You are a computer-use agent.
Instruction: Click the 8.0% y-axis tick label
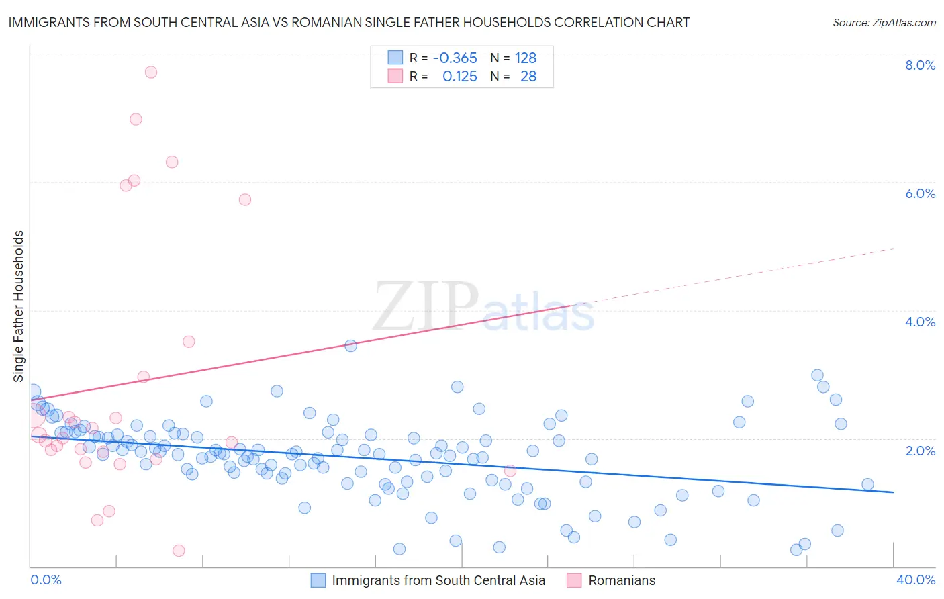[x=920, y=65]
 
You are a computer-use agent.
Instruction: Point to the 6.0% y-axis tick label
[x=920, y=193]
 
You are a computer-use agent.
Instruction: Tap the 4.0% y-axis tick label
[x=920, y=322]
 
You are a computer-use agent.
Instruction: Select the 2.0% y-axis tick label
[x=920, y=451]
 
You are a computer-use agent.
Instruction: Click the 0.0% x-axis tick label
[x=46, y=580]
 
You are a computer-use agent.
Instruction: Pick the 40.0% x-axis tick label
[x=915, y=580]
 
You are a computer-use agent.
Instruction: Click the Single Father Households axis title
[x=18, y=306]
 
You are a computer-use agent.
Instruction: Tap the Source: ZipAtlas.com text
[x=884, y=23]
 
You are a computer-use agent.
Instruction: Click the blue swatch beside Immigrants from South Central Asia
[x=318, y=580]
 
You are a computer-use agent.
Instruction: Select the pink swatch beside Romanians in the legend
[x=574, y=580]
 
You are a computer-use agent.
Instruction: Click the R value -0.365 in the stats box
[x=455, y=58]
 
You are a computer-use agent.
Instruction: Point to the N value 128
[x=526, y=58]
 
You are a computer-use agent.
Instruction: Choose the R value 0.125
[x=459, y=77]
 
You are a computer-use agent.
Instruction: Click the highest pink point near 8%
[x=151, y=72]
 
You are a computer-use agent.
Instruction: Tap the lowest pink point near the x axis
[x=179, y=551]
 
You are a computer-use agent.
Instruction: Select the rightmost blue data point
[x=867, y=484]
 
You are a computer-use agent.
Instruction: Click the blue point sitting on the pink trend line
[x=350, y=346]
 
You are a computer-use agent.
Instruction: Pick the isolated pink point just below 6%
[x=245, y=199]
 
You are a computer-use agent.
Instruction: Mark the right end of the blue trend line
[x=893, y=492]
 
